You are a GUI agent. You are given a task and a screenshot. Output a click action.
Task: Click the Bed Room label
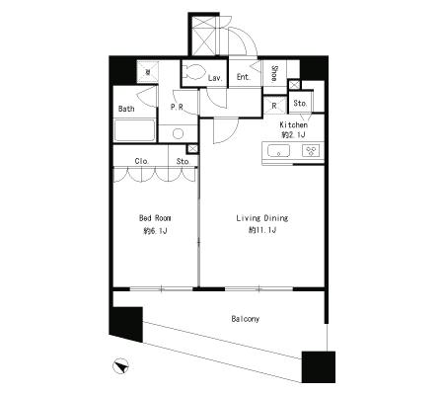point(155,218)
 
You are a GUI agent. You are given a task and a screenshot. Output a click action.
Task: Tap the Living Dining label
point(262,218)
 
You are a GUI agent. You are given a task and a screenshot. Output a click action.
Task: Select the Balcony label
point(245,319)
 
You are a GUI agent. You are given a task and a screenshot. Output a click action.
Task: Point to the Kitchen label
point(294,124)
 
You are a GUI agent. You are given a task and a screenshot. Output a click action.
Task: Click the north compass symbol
point(120,366)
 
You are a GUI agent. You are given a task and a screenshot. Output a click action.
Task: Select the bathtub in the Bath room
point(134,130)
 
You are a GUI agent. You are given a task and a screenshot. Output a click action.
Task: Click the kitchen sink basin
point(278,151)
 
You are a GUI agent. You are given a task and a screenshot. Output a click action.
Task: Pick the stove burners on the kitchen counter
point(311,151)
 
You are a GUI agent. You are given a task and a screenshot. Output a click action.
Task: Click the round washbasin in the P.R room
point(178,133)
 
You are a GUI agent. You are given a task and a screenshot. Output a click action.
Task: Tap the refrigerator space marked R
point(274,106)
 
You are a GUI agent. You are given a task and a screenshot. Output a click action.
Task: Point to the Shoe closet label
point(274,73)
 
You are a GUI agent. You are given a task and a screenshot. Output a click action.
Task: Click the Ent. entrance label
point(244,77)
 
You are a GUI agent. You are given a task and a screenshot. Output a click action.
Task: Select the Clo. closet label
point(142,161)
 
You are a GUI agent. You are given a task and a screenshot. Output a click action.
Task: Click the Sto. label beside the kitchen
point(300,103)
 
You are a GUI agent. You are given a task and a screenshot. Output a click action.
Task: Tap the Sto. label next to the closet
point(183,161)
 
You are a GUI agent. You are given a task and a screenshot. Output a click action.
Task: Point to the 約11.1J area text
point(262,230)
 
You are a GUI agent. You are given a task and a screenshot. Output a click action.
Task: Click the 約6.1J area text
point(155,231)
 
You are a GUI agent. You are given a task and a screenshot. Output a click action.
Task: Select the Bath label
point(126,109)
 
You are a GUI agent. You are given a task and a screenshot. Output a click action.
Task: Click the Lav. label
point(215,78)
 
